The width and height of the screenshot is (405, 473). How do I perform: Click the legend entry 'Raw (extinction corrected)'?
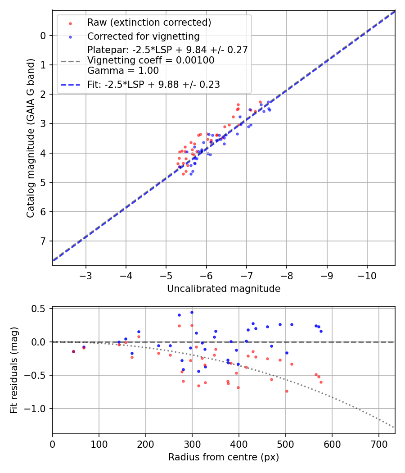149,22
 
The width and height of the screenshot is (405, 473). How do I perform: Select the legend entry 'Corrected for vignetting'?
143,36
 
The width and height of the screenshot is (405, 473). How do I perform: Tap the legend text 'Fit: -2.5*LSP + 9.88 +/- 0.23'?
153,84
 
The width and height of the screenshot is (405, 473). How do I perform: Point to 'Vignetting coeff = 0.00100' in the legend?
151,60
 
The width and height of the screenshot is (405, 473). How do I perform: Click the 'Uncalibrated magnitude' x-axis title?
224,289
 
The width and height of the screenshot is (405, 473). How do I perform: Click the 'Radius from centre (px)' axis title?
224,457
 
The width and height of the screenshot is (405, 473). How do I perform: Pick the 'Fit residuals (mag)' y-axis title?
14,371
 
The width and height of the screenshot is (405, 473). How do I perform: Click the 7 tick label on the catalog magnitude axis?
43,241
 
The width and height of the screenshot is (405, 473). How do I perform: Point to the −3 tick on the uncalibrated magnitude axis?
86,275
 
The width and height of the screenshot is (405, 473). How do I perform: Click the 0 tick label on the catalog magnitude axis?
43,36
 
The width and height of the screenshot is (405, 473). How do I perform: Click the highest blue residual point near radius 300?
192,312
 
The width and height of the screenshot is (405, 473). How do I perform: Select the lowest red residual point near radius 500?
287,391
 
